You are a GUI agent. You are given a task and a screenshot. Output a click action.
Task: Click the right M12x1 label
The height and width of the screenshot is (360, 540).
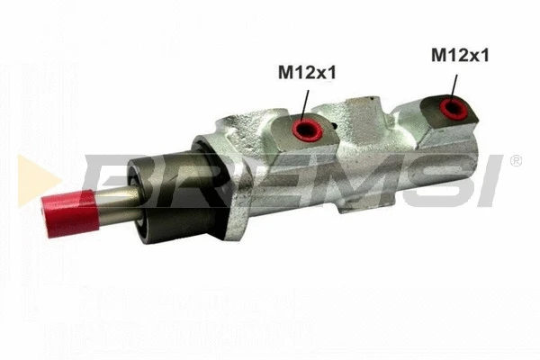[x=460, y=56]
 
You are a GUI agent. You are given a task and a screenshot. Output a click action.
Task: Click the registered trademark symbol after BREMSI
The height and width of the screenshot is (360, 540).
[x=516, y=161]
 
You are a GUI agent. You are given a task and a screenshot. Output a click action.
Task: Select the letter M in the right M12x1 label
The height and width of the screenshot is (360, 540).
[x=438, y=56]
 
